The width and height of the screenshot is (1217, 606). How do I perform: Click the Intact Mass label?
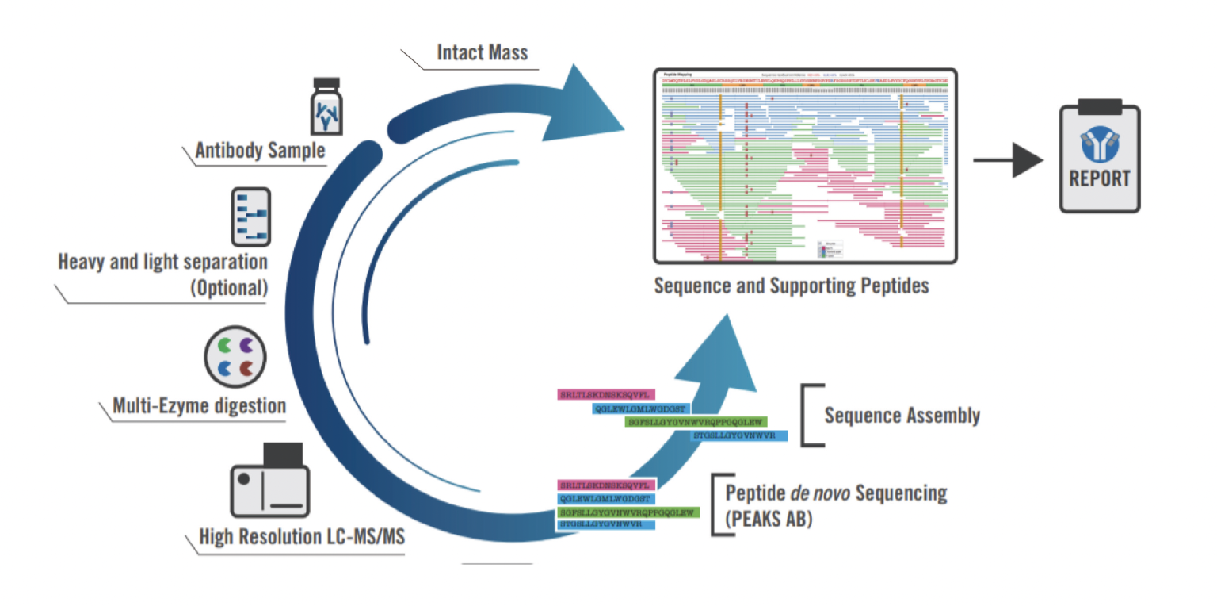pyautogui.click(x=483, y=54)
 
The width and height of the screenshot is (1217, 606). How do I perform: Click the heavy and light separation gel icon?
pyautogui.click(x=250, y=217)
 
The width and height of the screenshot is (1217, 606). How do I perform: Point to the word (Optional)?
pyautogui.click(x=229, y=287)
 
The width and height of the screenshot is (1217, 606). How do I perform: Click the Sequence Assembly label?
pyautogui.click(x=902, y=415)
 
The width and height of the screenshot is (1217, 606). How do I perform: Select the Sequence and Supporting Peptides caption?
pyautogui.click(x=791, y=285)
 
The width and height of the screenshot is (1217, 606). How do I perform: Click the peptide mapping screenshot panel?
pyautogui.click(x=805, y=166)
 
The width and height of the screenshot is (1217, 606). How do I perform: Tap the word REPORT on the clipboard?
pyautogui.click(x=1100, y=178)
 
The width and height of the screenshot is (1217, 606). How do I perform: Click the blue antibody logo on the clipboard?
pyautogui.click(x=1100, y=143)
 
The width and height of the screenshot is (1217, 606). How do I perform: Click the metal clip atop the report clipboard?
pyautogui.click(x=1100, y=104)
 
